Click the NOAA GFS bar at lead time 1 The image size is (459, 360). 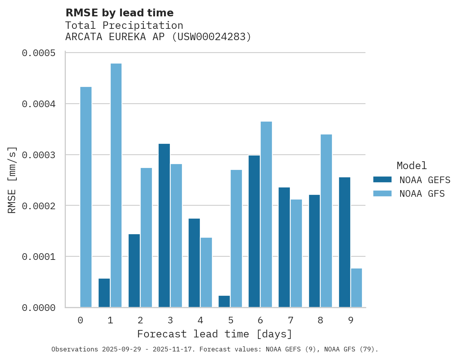(x=116, y=185)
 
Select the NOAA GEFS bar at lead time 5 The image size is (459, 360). (x=224, y=302)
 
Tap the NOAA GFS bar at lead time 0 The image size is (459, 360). (x=86, y=197)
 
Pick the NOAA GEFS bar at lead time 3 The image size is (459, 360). (x=164, y=226)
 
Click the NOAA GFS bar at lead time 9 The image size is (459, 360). (x=357, y=288)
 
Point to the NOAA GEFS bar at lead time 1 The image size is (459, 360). (x=104, y=293)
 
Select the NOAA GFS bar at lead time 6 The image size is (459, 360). (x=266, y=214)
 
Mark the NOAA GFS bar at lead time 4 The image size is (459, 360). (x=206, y=272)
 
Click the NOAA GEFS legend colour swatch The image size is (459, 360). (x=382, y=180)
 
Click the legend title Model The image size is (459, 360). (x=412, y=166)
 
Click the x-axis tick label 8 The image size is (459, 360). (x=320, y=321)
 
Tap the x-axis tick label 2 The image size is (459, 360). (x=140, y=321)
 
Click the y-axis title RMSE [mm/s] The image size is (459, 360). (x=12, y=180)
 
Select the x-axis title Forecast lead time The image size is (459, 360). (x=215, y=334)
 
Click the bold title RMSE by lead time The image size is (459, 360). (x=119, y=13)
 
